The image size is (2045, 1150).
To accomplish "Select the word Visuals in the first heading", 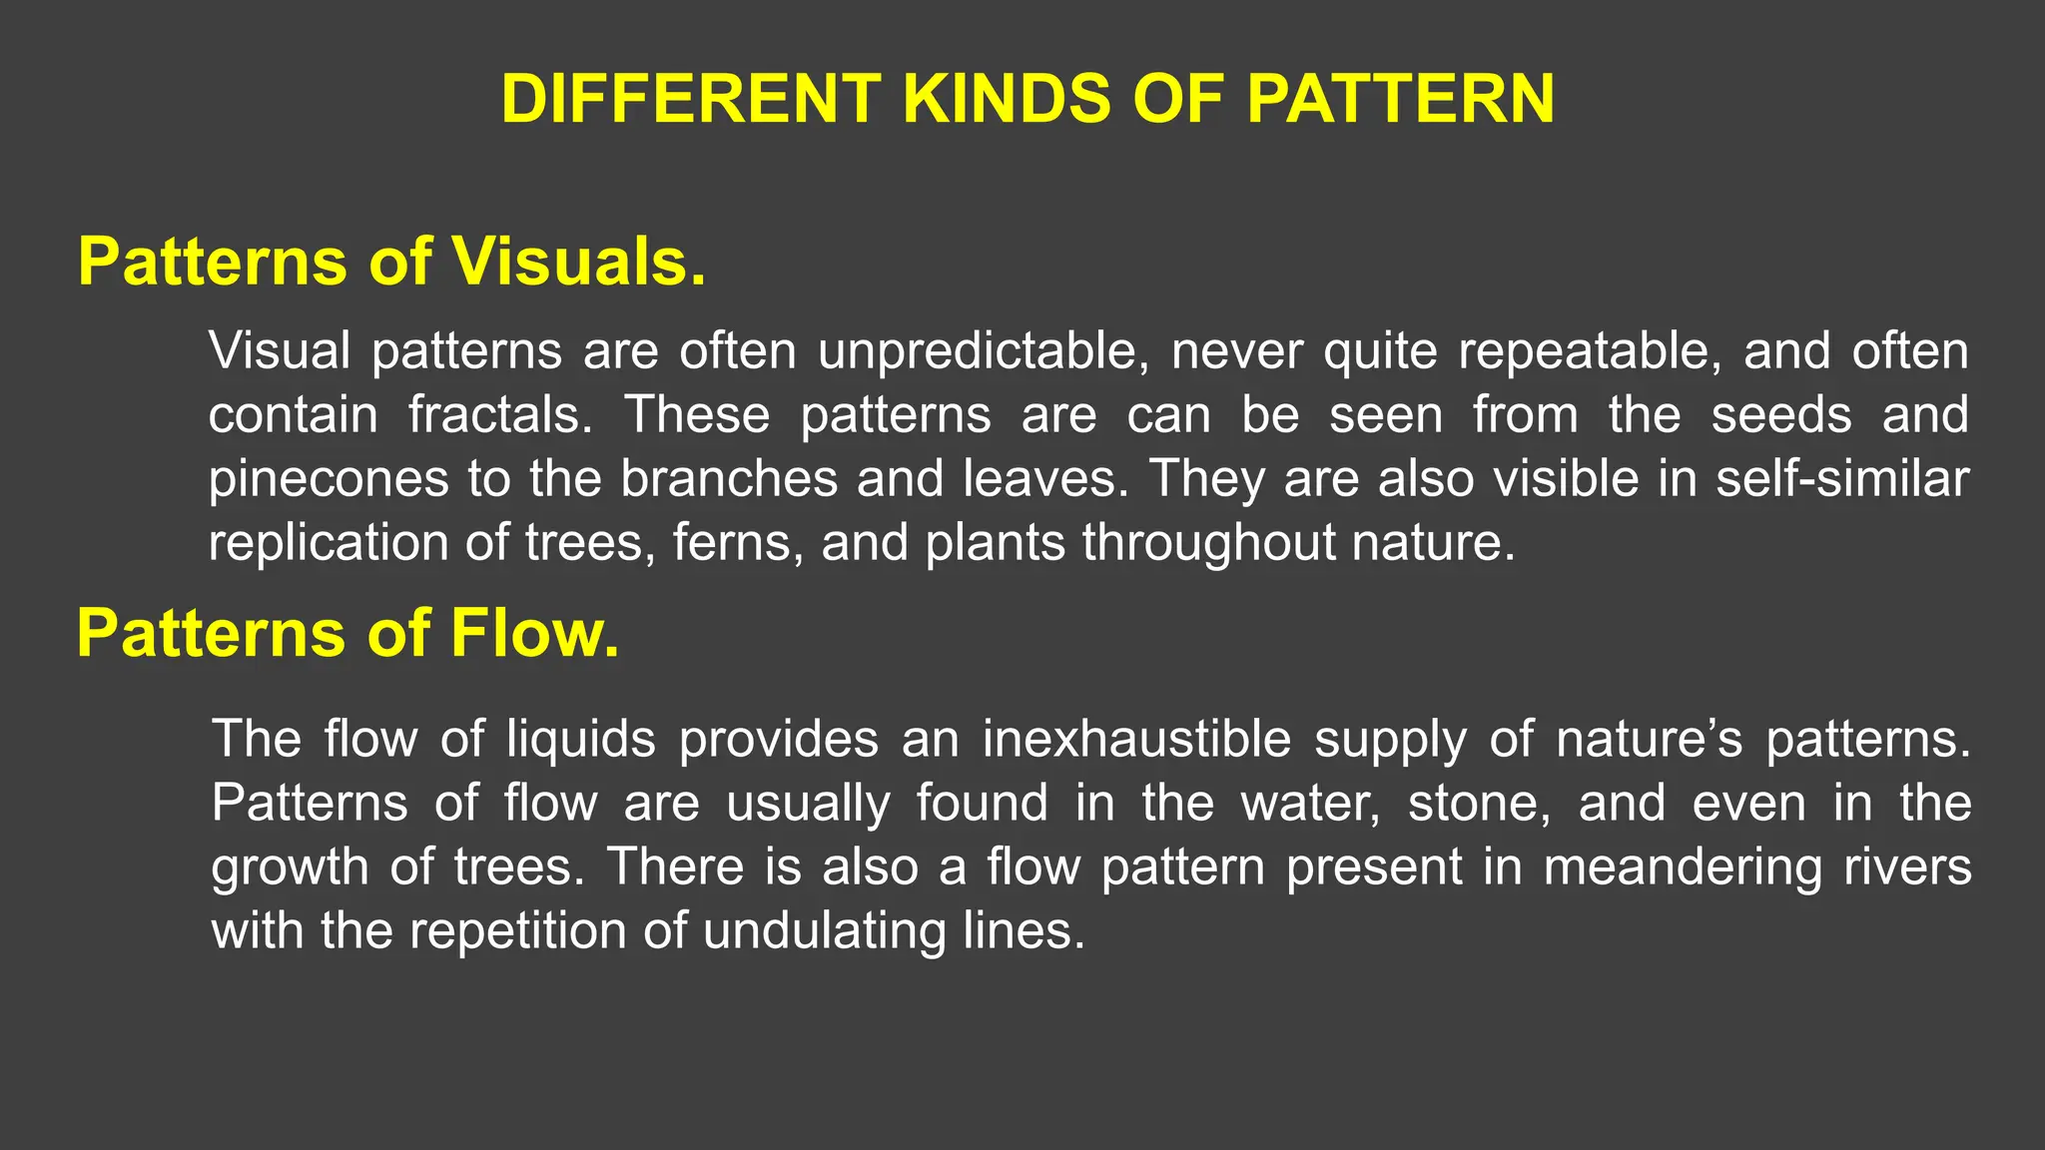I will (578, 262).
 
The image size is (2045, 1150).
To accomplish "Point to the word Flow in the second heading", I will (534, 634).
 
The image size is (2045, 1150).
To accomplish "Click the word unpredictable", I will (983, 351).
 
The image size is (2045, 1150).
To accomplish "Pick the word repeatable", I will (1589, 351).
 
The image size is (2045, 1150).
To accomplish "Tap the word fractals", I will (500, 415).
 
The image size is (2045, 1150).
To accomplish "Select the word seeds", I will (1781, 415).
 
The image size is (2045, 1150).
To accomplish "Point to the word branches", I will (729, 479).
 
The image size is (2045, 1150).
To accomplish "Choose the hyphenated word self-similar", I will (1842, 479).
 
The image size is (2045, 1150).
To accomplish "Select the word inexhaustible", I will (1136, 739).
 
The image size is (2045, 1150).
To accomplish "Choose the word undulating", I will (824, 930).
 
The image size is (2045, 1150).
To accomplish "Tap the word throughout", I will (1208, 543).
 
